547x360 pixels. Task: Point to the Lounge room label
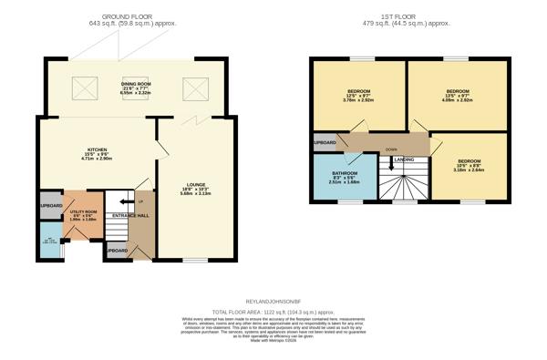[x=195, y=189]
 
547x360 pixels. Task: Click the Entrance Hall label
[x=130, y=216]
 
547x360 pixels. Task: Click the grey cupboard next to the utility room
[x=51, y=206]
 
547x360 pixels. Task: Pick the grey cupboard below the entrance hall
[x=117, y=250]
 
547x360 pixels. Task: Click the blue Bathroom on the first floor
[x=345, y=176]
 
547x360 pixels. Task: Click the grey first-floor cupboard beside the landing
[x=325, y=143]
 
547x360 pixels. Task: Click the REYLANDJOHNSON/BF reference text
[x=273, y=301]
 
